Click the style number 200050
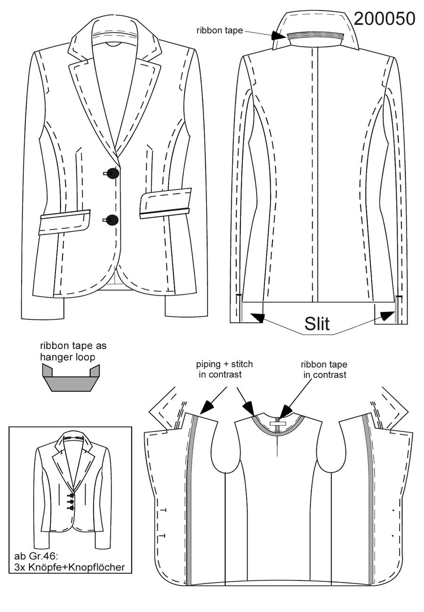pyautogui.click(x=384, y=19)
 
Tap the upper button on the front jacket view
pyautogui.click(x=113, y=173)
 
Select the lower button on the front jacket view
pyautogui.click(x=112, y=220)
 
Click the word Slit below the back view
pyautogui.click(x=317, y=323)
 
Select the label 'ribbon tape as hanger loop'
pyautogui.click(x=73, y=351)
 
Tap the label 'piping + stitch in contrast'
pyautogui.click(x=224, y=369)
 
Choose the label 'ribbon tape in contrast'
pyautogui.click(x=324, y=369)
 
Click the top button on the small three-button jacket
pyautogui.click(x=72, y=496)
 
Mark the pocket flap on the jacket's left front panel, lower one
pyautogui.click(x=64, y=222)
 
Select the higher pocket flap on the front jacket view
pyautogui.click(x=166, y=203)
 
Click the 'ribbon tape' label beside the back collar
pyautogui.click(x=220, y=30)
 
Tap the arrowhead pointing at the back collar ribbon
pyautogui.click(x=278, y=36)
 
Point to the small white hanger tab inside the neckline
pyautogui.click(x=277, y=423)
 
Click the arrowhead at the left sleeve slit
pyautogui.click(x=257, y=317)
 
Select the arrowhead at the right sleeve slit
pyautogui.click(x=388, y=316)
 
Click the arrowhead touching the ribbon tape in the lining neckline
pyautogui.click(x=286, y=411)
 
